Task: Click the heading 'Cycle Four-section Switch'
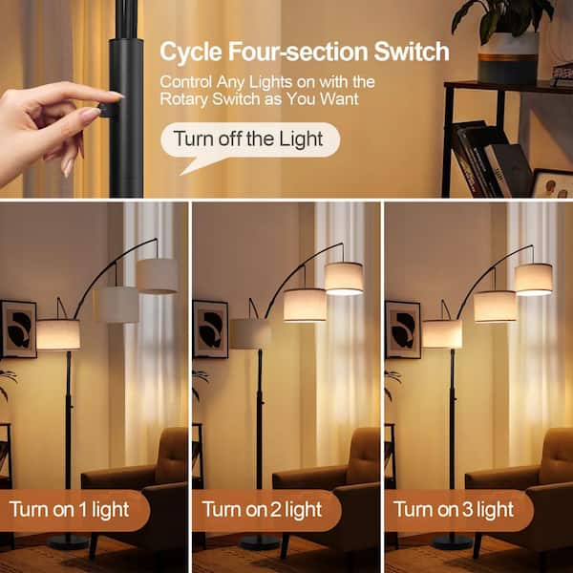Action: [304, 51]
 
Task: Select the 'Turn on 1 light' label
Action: [72, 510]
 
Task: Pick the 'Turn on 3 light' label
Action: [454, 510]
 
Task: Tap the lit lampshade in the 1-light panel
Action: [57, 334]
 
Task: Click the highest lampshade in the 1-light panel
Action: [157, 276]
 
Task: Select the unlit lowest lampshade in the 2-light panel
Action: [250, 333]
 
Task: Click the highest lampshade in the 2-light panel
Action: [344, 278]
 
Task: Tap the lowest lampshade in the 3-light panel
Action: [442, 333]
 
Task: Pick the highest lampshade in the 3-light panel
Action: [534, 278]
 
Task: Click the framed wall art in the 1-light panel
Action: [17, 329]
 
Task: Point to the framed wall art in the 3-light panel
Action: [402, 329]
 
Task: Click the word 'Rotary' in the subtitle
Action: [186, 98]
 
